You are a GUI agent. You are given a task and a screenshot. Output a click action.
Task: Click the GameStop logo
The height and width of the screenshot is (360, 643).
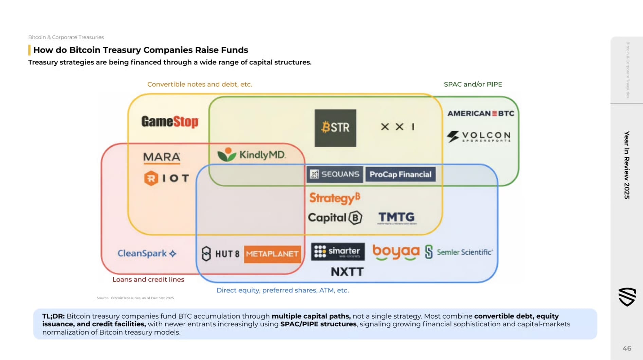point(170,122)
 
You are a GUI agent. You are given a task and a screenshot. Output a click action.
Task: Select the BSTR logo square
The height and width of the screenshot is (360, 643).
point(335,128)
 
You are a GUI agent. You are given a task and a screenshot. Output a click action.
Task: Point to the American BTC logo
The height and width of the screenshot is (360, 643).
point(481,113)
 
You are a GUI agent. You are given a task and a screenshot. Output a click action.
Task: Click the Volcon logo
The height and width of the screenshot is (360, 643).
point(479,136)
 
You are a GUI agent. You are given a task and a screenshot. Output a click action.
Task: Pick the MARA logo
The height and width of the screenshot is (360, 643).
point(162,157)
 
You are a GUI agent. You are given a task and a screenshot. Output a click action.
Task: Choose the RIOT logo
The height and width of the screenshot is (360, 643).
point(166,178)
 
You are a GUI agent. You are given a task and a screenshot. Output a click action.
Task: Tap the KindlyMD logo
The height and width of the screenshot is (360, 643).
point(252,155)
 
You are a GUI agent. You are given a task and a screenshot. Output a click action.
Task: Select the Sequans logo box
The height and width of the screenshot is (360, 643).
point(335,174)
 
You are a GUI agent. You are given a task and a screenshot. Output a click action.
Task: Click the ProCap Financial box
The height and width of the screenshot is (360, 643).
point(400,174)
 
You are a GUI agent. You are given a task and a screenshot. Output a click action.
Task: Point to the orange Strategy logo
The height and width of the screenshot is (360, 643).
point(334,198)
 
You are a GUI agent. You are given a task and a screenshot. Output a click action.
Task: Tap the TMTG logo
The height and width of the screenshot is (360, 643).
point(397,218)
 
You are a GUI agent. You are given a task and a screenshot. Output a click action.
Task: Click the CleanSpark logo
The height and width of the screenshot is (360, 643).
point(147,253)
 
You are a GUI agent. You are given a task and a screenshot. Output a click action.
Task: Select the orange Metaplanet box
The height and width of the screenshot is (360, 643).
point(272,254)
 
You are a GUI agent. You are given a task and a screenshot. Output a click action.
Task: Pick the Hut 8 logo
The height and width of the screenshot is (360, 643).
point(220,254)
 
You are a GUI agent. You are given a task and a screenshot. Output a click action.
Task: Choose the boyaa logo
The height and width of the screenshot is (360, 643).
point(396,252)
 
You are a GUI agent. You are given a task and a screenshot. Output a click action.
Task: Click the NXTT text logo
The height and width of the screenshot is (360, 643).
point(347,272)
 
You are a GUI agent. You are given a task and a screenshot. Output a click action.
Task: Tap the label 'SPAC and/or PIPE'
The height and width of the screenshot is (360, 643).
point(473,84)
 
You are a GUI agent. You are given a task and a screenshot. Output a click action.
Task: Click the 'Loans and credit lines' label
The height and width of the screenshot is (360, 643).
point(148,280)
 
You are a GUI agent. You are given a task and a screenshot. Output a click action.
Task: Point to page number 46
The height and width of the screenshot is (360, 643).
point(627,348)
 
